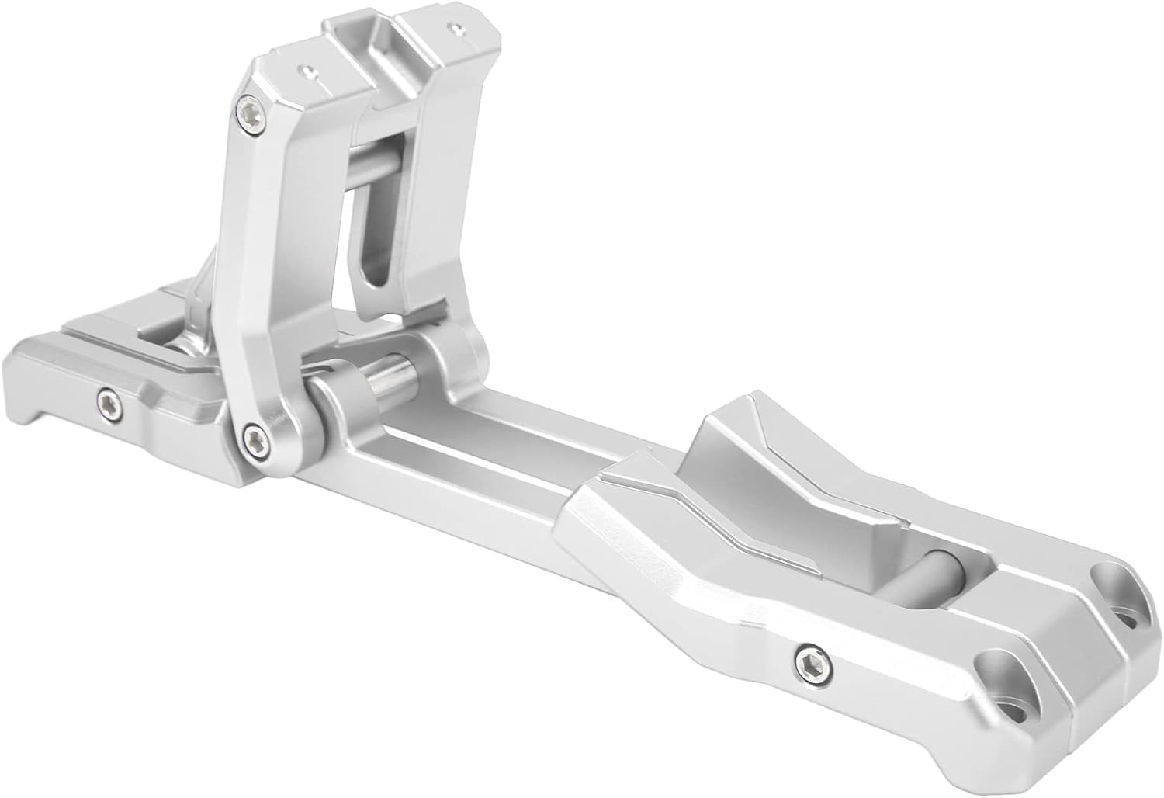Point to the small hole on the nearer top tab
tap(309, 71)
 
